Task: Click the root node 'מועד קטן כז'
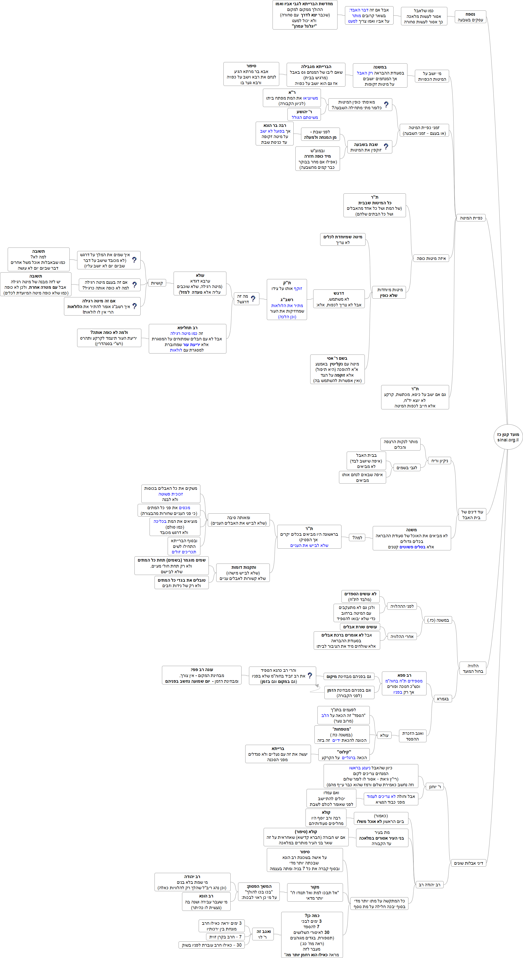(x=508, y=437)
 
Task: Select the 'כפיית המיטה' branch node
(x=471, y=218)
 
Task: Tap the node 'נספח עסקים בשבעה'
(x=470, y=17)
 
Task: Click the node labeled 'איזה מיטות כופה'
(x=431, y=258)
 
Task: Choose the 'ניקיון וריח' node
(x=439, y=461)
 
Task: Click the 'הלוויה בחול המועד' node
(x=473, y=668)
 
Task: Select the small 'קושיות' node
(x=157, y=283)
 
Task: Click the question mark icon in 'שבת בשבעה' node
(x=386, y=146)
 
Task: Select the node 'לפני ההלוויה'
(x=402, y=606)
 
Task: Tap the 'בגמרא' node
(x=442, y=699)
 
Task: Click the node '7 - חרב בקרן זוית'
(x=225, y=937)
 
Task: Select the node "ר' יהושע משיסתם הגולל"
(x=304, y=114)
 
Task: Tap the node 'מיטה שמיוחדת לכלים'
(x=342, y=240)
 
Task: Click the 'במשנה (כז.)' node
(x=438, y=620)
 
